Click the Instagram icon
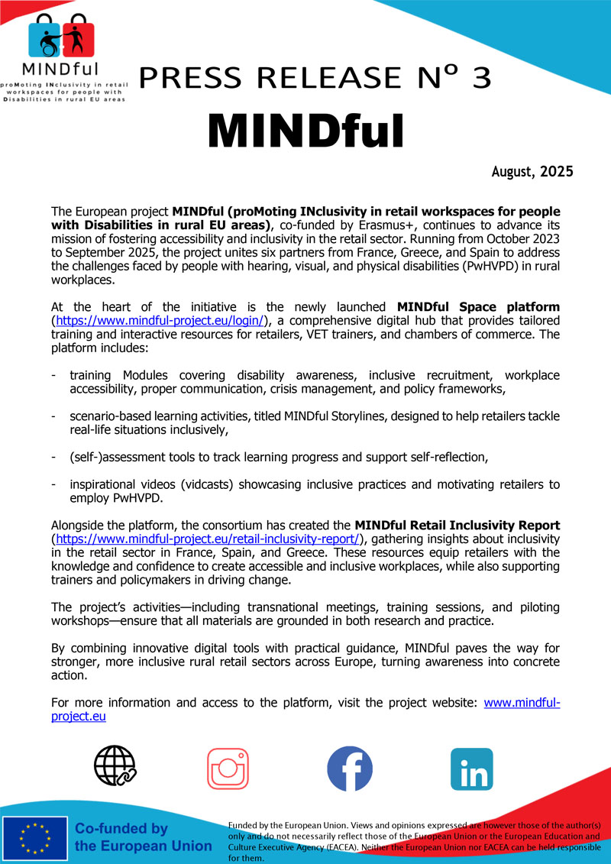(x=228, y=768)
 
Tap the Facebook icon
(x=350, y=768)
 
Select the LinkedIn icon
(x=472, y=769)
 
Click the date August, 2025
(x=532, y=172)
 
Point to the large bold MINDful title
(x=305, y=131)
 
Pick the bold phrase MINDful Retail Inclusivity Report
(x=457, y=526)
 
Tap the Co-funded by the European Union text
(x=143, y=838)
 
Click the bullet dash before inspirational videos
(x=53, y=484)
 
